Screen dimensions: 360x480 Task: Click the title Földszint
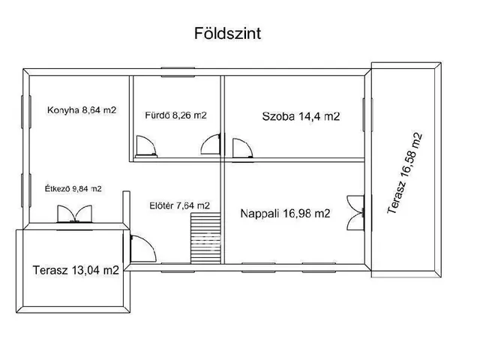coord(222,34)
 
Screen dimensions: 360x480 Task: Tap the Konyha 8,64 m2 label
coord(82,109)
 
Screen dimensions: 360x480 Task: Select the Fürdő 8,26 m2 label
coord(175,115)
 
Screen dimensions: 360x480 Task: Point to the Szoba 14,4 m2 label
coord(301,116)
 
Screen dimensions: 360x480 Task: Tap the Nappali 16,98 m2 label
coord(285,214)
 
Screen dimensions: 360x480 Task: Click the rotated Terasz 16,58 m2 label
coord(406,174)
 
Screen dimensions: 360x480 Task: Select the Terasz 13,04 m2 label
coord(76,271)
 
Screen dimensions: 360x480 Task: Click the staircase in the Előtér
coord(205,238)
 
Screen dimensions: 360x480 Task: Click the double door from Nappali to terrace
coord(354,212)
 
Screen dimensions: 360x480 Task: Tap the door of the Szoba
coord(241,148)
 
